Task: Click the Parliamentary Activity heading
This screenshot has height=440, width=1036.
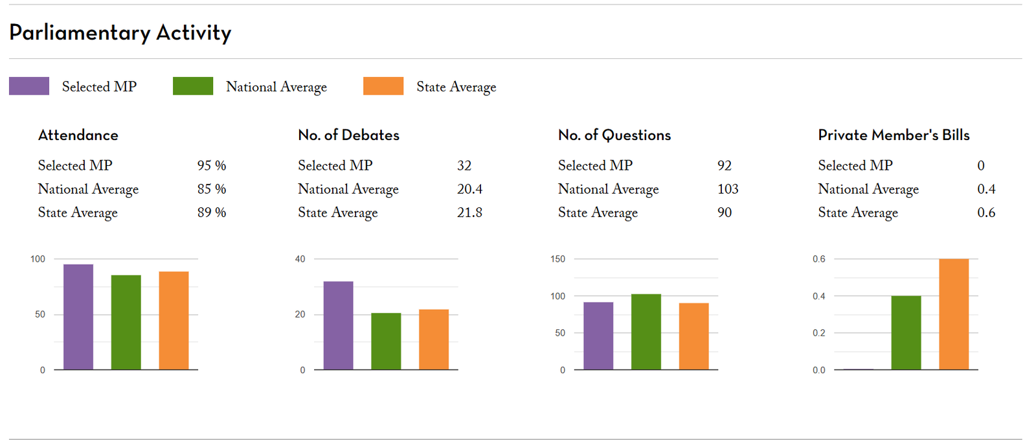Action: (120, 33)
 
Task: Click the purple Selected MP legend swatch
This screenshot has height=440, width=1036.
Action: (29, 86)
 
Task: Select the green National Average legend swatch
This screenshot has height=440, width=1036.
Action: (193, 86)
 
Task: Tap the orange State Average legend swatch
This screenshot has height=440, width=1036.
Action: (383, 86)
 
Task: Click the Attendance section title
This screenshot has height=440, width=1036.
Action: (78, 135)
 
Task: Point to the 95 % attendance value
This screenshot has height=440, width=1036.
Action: (212, 166)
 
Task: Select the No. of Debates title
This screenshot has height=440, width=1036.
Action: (349, 135)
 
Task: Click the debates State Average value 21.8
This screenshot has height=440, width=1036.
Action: (469, 213)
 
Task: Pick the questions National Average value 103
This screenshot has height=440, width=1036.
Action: (728, 189)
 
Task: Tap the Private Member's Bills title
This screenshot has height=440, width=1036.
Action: (894, 135)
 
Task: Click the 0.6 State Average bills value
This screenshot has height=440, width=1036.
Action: (986, 213)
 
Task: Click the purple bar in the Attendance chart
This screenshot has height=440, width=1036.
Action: (78, 317)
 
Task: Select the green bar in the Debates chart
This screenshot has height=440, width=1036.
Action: (386, 342)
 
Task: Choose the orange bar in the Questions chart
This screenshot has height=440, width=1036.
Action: (693, 336)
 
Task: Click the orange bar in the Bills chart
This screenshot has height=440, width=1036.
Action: (954, 314)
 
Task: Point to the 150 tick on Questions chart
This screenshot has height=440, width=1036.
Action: (557, 259)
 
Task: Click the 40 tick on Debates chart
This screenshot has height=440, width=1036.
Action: (300, 259)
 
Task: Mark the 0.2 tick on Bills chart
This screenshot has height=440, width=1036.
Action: (819, 333)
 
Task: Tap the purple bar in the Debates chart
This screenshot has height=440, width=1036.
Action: (338, 325)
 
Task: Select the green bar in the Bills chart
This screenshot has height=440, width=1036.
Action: (906, 332)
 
